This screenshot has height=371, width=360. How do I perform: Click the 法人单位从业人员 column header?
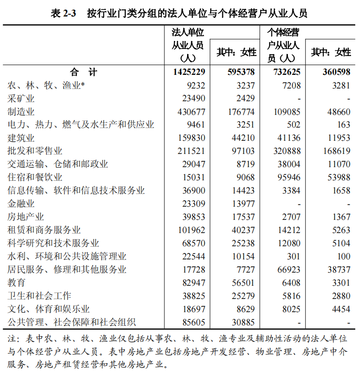coord(188,45)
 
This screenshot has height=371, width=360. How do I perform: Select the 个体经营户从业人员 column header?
coord(283,45)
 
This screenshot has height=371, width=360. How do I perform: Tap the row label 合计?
coord(83,72)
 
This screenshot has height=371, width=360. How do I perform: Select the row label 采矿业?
coord(21,98)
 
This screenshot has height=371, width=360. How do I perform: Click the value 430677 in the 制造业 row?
coord(191,112)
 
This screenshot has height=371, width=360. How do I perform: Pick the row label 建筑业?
coord(21,138)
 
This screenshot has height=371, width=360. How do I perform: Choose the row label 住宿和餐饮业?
coord(35,177)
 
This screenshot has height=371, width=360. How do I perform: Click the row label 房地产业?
coord(26,217)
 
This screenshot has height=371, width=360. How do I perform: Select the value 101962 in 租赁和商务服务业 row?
coord(191,230)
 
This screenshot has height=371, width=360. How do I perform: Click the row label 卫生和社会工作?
coord(40,296)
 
